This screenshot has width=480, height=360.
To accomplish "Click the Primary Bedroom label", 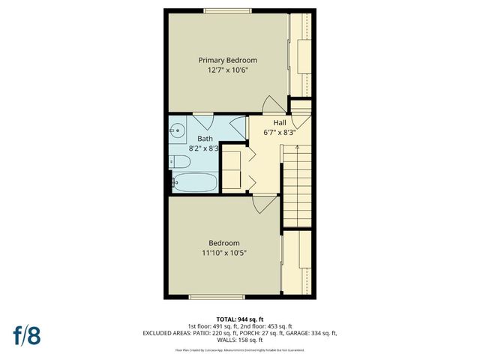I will pos(227,60).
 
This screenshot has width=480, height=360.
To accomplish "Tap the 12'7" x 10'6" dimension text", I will pos(227,70).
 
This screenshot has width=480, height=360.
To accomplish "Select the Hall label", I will pos(279,123).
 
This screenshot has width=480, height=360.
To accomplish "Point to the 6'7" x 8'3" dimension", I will pos(280,133).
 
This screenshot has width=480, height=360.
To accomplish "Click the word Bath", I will pos(205,139).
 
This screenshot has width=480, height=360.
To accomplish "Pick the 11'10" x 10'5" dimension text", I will pos(224,253).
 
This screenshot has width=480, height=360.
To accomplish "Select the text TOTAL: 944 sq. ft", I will pos(240,319).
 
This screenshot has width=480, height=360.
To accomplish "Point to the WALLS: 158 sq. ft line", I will pos(240,340).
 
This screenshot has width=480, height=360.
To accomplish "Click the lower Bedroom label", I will pos(224,243).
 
